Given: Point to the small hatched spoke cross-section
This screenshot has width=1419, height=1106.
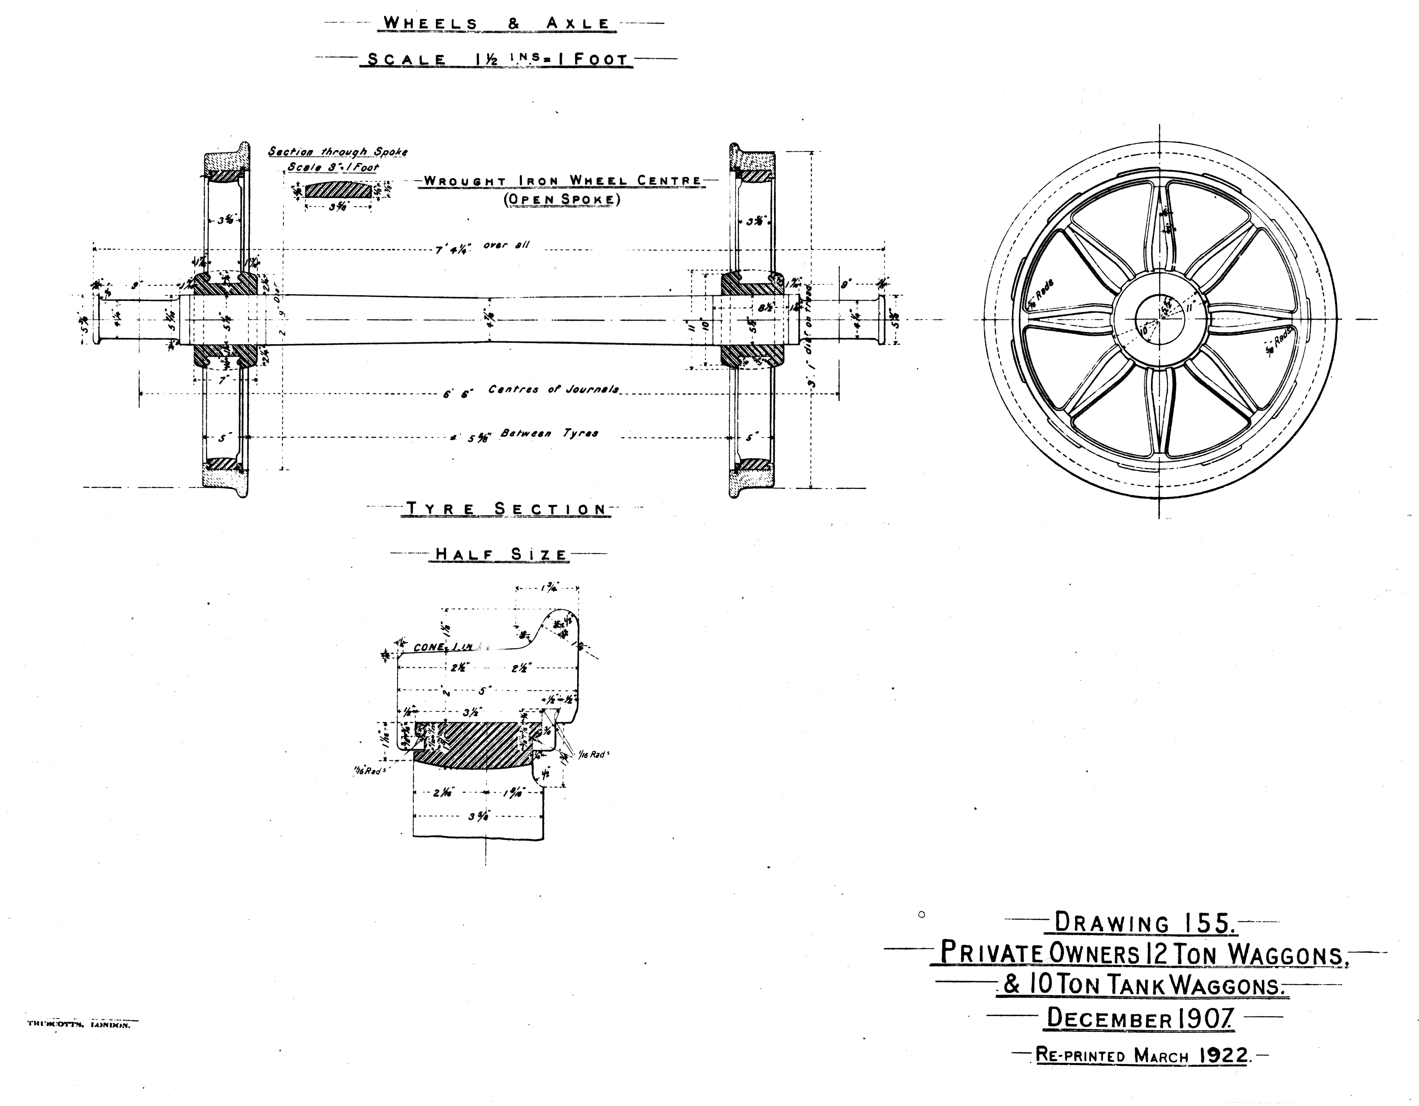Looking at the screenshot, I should click(338, 190).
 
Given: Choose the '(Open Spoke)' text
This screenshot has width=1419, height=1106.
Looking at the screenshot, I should click(562, 199).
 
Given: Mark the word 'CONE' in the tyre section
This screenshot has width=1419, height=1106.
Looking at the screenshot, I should click(429, 647).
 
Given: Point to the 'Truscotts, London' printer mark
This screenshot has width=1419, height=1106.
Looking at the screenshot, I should click(79, 1025).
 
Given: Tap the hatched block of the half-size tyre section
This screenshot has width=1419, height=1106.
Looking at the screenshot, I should click(477, 744).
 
